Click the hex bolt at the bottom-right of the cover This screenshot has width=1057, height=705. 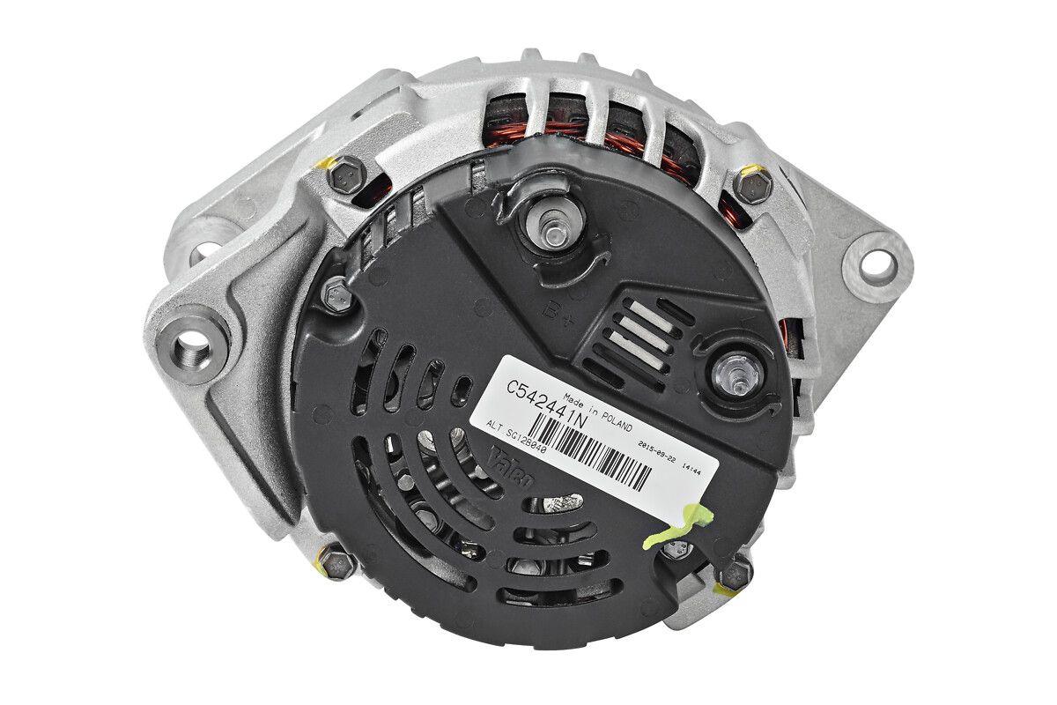pyautogui.click(x=733, y=574)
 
